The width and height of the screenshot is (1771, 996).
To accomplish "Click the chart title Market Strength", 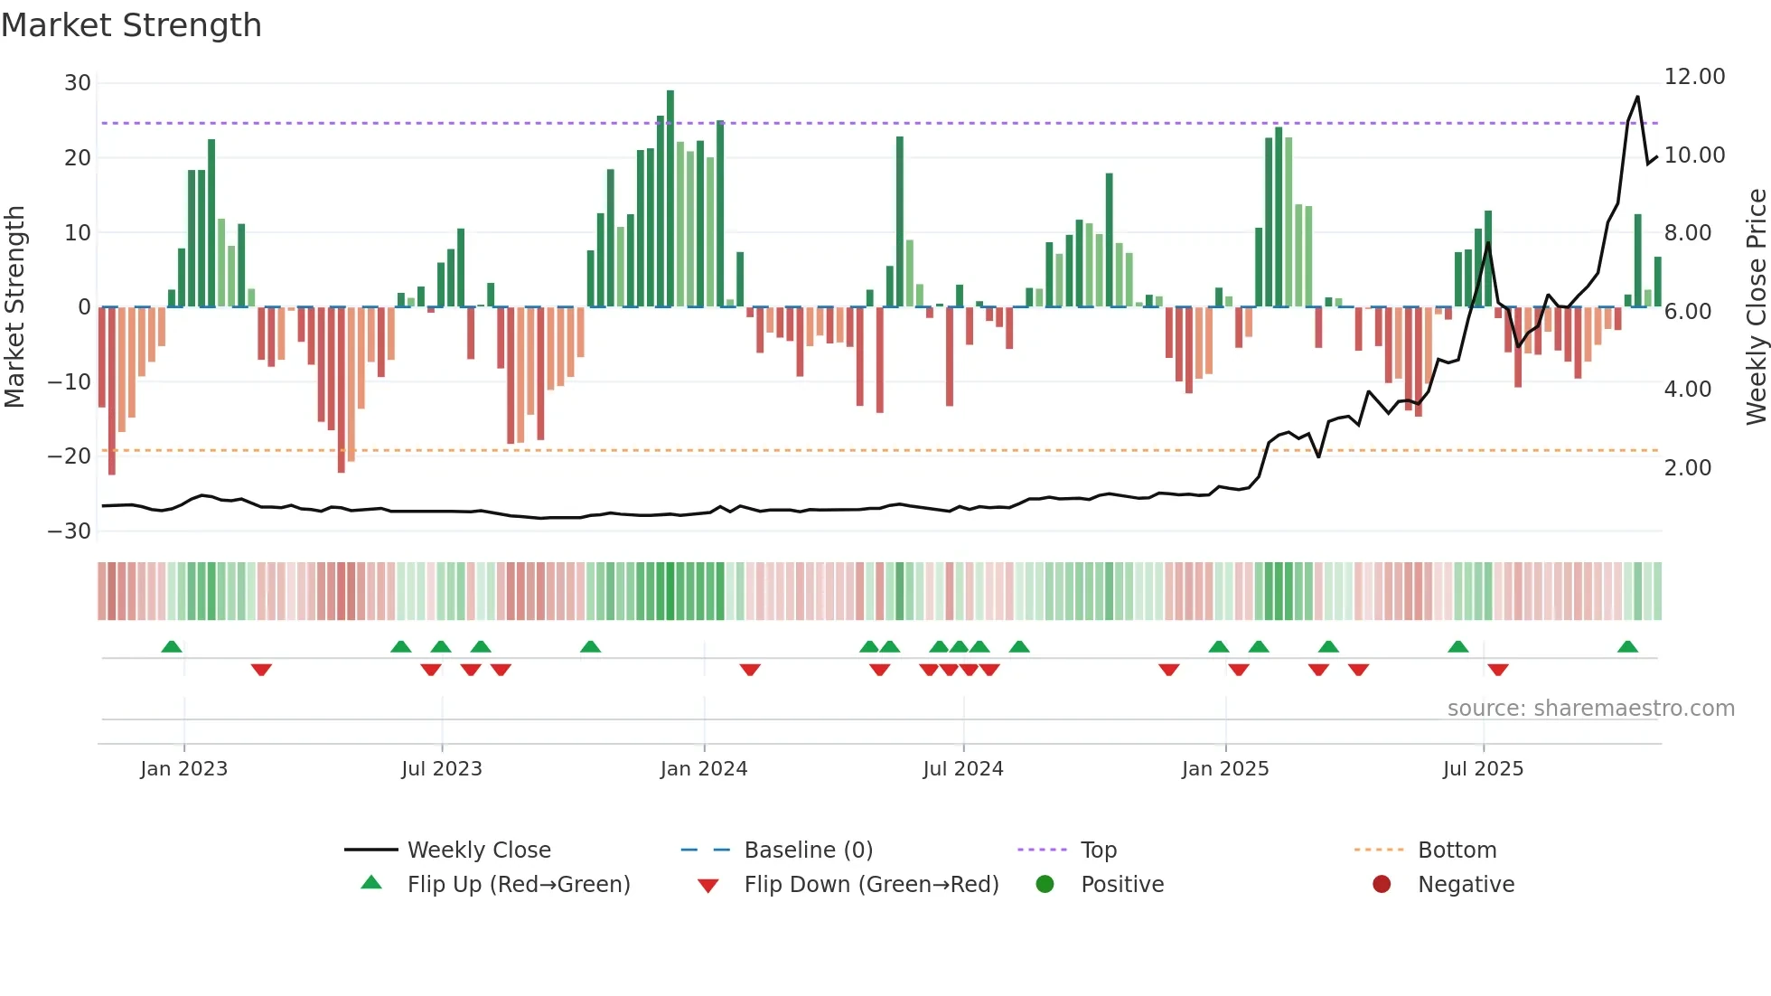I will [x=131, y=25].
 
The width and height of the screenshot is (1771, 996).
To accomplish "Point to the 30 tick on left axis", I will [x=78, y=83].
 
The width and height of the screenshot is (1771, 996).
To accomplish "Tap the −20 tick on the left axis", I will [x=70, y=456].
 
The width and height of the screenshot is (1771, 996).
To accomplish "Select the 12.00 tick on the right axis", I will [x=1694, y=77].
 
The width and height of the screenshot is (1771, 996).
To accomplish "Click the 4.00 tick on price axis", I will [x=1687, y=390].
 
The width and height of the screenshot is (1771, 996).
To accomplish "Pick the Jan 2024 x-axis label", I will [x=704, y=769].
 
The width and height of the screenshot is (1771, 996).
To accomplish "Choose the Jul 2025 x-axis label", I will [x=1483, y=769].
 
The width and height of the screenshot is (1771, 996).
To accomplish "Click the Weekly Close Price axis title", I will [x=1756, y=307].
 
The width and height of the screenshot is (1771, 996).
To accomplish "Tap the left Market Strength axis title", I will [x=14, y=307].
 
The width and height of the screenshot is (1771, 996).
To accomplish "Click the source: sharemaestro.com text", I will [x=1590, y=709].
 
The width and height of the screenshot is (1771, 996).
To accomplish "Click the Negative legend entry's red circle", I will [x=1382, y=885].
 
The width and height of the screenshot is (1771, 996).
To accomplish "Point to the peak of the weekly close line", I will [x=1637, y=98].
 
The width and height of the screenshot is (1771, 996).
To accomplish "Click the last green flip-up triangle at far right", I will [x=1627, y=647].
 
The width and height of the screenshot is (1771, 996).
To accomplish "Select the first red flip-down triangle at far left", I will [x=261, y=670].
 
